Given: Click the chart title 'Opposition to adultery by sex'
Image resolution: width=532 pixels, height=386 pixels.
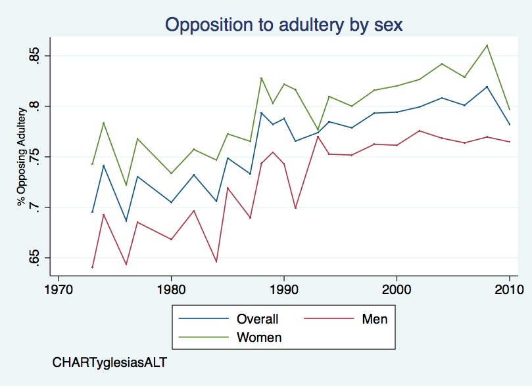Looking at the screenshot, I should tap(283, 24).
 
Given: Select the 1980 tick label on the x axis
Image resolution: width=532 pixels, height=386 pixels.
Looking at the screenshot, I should tap(171, 289).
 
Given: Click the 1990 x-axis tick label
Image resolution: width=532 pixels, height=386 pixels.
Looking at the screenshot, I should tap(283, 289).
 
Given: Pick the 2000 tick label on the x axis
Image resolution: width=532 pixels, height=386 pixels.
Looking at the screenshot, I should tap(397, 289).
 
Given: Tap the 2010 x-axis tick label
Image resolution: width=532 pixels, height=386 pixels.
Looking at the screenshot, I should tap(509, 289).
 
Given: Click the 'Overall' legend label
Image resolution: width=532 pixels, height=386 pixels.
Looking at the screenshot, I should tap(258, 320).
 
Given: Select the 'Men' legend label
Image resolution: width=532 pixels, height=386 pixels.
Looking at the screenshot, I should tap(375, 320).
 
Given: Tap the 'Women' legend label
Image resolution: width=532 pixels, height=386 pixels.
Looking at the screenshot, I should tap(259, 338).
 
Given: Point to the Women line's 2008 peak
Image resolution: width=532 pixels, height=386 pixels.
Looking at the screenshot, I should tap(487, 45).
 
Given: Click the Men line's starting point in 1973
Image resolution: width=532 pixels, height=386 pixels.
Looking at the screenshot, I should tap(93, 267).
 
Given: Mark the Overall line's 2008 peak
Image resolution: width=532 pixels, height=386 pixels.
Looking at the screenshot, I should tap(487, 87).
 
